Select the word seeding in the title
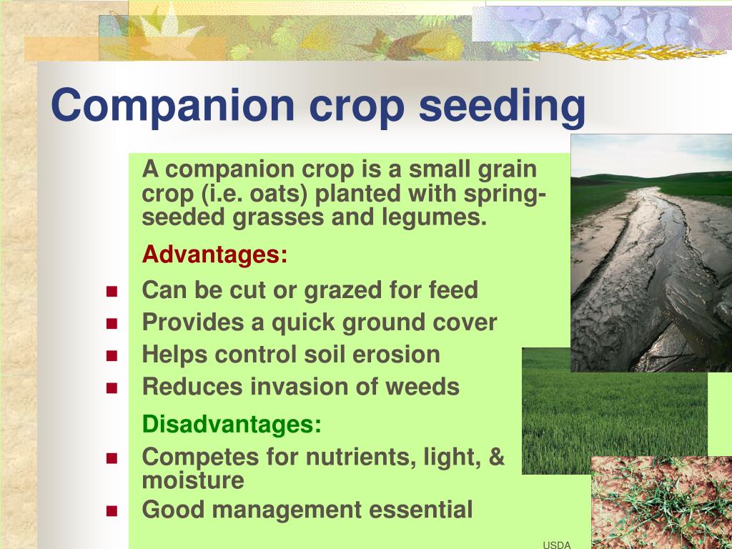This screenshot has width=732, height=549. pos(502,107)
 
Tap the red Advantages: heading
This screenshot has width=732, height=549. pos(214,255)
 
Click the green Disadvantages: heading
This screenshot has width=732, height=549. pos(232,425)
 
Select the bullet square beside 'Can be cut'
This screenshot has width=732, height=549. pos(112,292)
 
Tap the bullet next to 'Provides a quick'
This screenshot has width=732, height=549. pos(112,324)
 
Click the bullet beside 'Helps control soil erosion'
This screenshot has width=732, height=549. pos(112,356)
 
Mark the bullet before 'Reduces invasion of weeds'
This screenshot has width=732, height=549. pos(112,388)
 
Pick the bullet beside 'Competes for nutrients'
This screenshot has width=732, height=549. pos(112,458)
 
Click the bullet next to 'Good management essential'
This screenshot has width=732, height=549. pos(112,510)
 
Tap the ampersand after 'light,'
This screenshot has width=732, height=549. pos(497,456)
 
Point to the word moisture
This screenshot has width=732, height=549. pos(193,481)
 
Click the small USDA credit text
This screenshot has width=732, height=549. pos(557,545)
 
